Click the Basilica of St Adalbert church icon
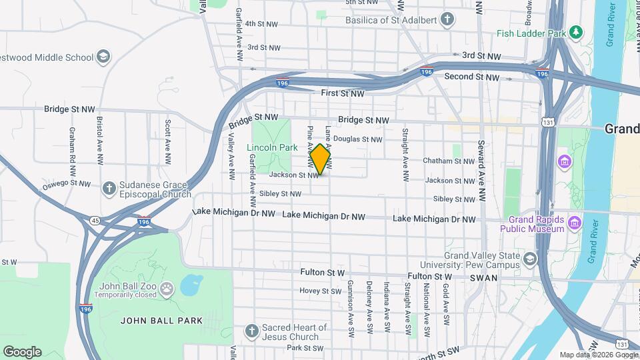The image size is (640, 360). tap(449, 20)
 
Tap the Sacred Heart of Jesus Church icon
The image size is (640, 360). tap(251, 331)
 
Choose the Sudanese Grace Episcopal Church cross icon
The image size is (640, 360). tap(109, 188)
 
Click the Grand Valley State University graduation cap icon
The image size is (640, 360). tap(529, 259)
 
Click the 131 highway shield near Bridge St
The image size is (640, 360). tap(547, 123)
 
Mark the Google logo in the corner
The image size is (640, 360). tap(22, 351)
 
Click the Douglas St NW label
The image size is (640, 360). tap(357, 139)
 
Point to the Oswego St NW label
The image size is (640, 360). tap(66, 183)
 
